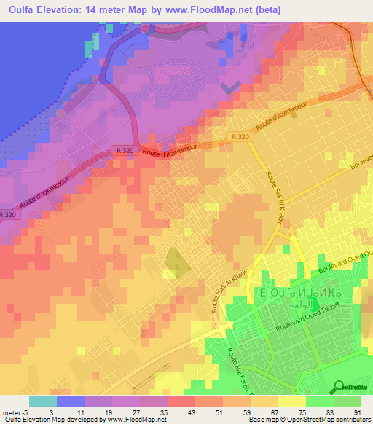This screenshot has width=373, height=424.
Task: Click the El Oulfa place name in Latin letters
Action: tap(277, 292)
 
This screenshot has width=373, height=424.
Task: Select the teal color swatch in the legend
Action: tap(43, 401)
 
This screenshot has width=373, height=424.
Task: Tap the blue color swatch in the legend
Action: tap(71, 401)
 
